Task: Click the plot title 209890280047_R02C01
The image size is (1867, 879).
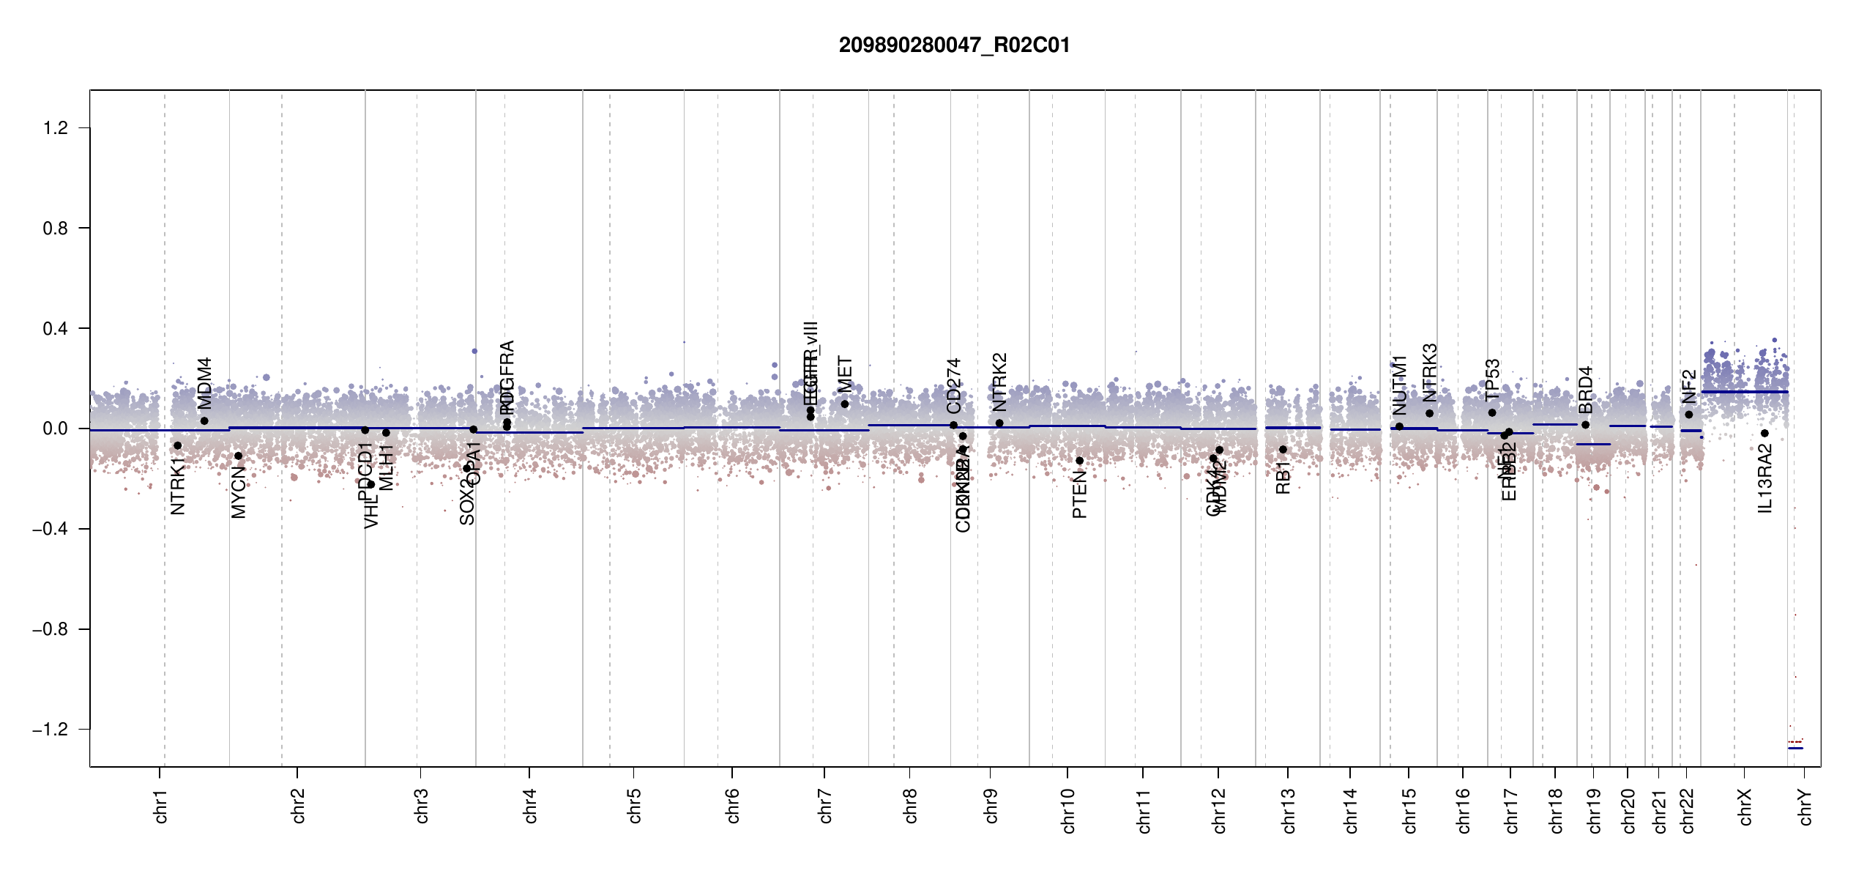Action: (954, 45)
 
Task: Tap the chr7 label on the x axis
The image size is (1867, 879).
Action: (825, 806)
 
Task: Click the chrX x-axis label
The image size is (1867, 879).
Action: (1745, 806)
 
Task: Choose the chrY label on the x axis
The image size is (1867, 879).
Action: (1805, 806)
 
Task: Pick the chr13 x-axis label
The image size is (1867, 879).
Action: (1289, 810)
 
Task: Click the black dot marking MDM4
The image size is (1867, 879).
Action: (204, 421)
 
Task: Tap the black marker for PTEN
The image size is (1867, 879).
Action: (1079, 461)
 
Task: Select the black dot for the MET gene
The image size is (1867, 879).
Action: (844, 404)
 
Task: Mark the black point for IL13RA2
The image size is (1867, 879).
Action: (1764, 434)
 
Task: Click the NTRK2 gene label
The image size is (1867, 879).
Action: (1000, 382)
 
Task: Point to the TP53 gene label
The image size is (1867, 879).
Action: (1493, 379)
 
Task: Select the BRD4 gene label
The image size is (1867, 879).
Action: (1586, 390)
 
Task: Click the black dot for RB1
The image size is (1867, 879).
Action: (1283, 450)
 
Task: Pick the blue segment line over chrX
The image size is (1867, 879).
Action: (1745, 392)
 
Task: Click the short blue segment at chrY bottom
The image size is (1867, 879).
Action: (1795, 748)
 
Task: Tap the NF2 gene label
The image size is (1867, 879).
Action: (1689, 386)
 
